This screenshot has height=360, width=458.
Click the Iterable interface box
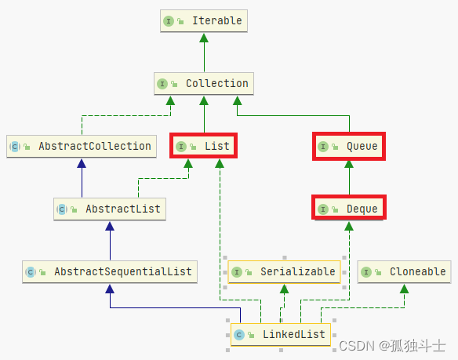(x=204, y=20)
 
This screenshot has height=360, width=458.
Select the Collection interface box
(x=204, y=83)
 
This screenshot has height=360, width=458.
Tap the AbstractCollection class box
(x=81, y=146)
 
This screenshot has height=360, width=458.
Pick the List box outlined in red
(x=203, y=146)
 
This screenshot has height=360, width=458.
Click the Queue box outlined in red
(x=349, y=146)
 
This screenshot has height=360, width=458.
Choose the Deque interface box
(x=349, y=209)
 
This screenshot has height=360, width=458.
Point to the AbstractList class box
(x=110, y=209)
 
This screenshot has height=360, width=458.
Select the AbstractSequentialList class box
(x=110, y=271)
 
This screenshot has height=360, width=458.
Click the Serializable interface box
(x=284, y=271)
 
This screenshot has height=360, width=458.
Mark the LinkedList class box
(x=281, y=335)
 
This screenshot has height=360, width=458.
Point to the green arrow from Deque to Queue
(x=349, y=177)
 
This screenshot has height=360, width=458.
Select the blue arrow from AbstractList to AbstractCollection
(x=81, y=177)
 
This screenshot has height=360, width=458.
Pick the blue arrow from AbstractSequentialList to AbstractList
(x=110, y=240)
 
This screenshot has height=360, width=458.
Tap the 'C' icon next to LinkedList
(x=238, y=335)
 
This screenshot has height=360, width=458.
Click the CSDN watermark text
(x=393, y=345)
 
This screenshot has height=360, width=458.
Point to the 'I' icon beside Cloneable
(x=367, y=271)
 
